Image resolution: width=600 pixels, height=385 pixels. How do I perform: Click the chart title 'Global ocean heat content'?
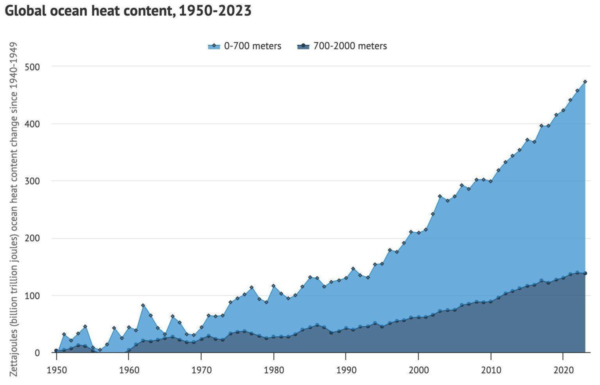127,11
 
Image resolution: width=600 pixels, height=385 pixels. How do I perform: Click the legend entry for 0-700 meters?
245,46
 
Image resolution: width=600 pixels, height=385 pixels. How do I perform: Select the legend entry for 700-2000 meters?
342,46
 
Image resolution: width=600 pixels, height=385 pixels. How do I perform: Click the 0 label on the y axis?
44,353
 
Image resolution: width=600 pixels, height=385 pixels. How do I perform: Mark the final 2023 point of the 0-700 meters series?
585,81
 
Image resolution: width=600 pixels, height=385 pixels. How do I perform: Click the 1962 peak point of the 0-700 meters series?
143,305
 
